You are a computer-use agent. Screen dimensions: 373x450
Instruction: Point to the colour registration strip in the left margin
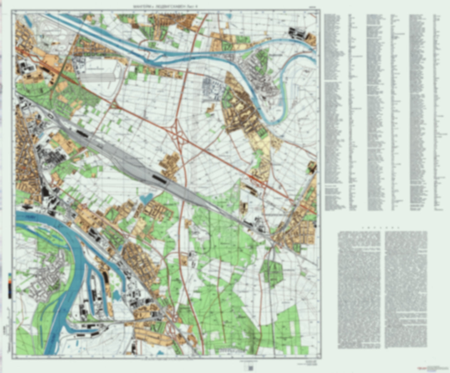(10, 285)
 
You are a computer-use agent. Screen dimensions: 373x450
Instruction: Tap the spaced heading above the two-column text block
(382, 228)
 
